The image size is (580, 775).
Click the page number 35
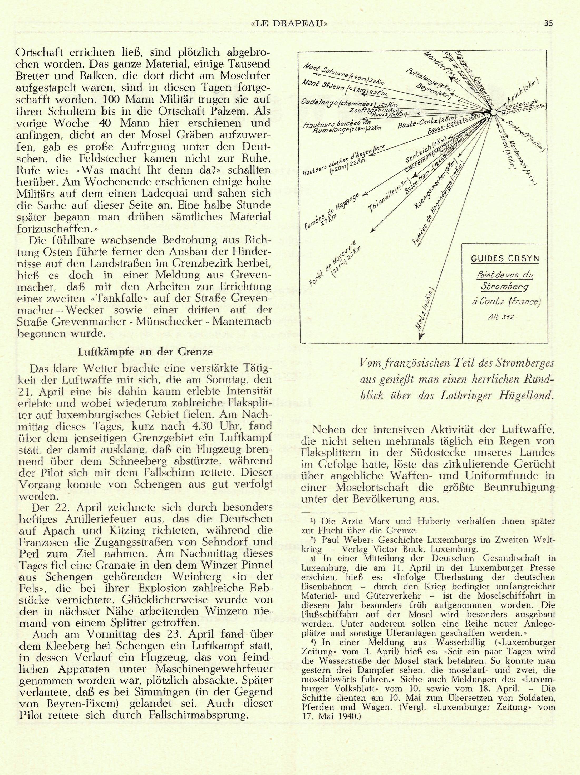(548, 23)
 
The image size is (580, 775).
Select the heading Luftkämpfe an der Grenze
(145, 352)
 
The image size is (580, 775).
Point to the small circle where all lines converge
(493, 112)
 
